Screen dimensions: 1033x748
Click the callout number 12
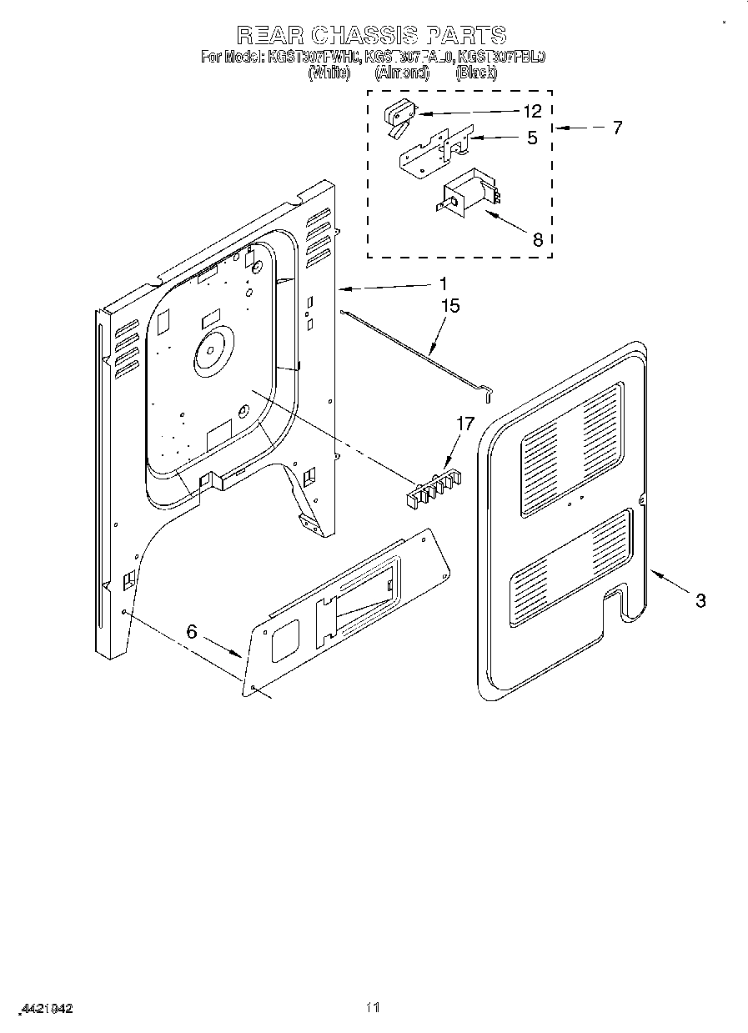pyautogui.click(x=532, y=111)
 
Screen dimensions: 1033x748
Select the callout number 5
pyautogui.click(x=532, y=138)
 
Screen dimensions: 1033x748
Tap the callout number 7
pyautogui.click(x=616, y=128)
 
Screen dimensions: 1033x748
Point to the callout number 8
pyautogui.click(x=537, y=239)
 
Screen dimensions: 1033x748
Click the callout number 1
pyautogui.click(x=444, y=283)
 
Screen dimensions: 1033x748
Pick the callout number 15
pyautogui.click(x=449, y=306)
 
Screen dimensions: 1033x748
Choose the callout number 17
pyautogui.click(x=464, y=424)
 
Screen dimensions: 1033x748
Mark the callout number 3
pyautogui.click(x=700, y=599)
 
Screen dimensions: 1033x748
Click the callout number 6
pyautogui.click(x=192, y=631)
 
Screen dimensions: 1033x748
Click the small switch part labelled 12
pyautogui.click(x=398, y=116)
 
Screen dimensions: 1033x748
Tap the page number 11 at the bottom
pyautogui.click(x=374, y=1007)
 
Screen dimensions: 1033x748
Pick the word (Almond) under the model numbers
pyautogui.click(x=402, y=73)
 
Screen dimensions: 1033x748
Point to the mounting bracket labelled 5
pyautogui.click(x=434, y=151)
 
